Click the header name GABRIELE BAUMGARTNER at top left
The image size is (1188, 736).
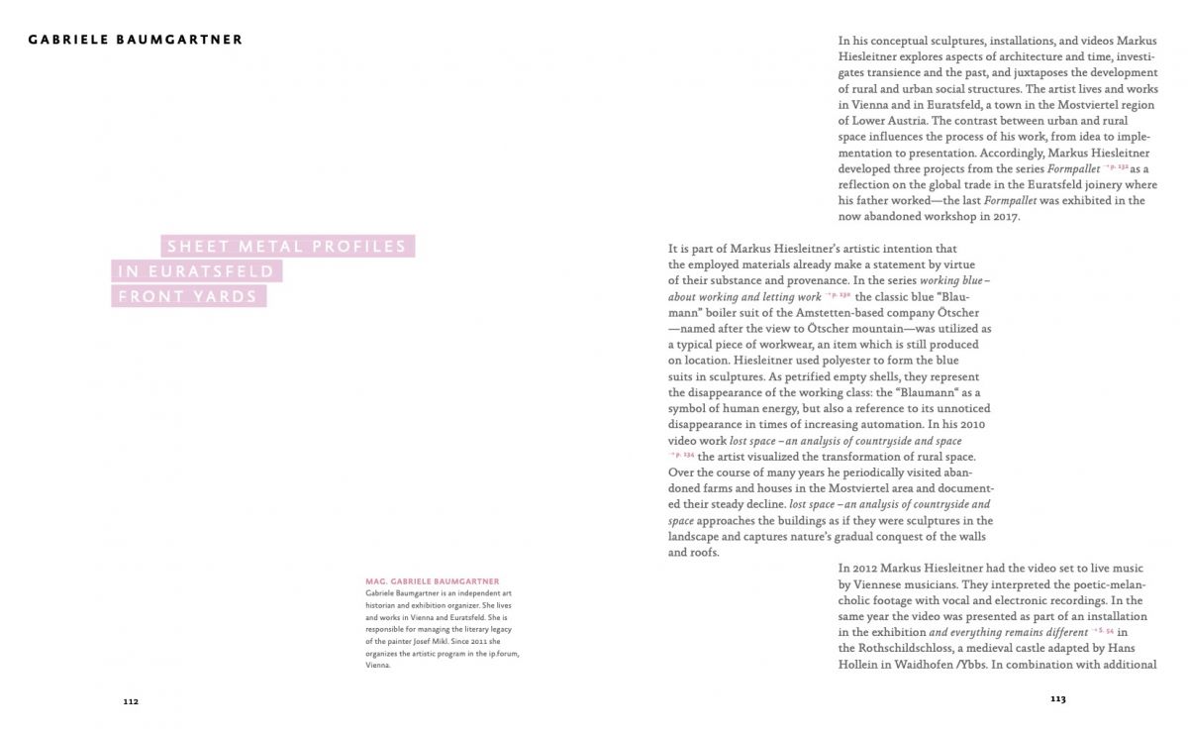coord(136,41)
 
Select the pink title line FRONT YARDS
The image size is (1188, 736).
coord(188,296)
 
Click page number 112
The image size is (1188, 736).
coord(131,700)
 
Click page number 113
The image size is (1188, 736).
coord(1057,698)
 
